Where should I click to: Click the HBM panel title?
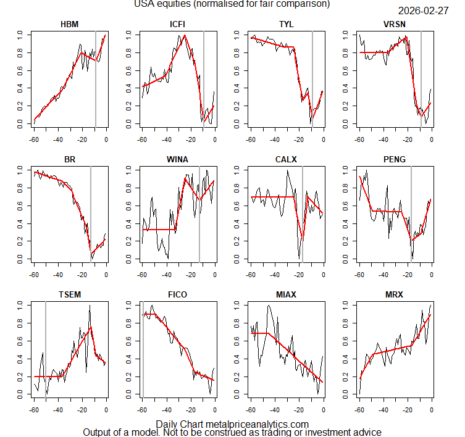pyautogui.click(x=69, y=23)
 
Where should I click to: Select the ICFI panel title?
pyautogui.click(x=178, y=23)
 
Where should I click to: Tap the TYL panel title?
pyautogui.click(x=287, y=23)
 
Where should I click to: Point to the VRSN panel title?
pyautogui.click(x=395, y=23)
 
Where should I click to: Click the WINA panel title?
pyautogui.click(x=178, y=159)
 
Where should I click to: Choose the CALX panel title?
pyautogui.click(x=287, y=159)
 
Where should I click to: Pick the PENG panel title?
pyautogui.click(x=395, y=159)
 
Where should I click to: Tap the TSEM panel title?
pyautogui.click(x=69, y=294)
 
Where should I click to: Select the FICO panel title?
pyautogui.click(x=178, y=294)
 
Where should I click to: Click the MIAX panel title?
pyautogui.click(x=287, y=294)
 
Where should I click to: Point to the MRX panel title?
pyautogui.click(x=395, y=294)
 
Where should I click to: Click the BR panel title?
pyautogui.click(x=69, y=159)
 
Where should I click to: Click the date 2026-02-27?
pyautogui.click(x=423, y=11)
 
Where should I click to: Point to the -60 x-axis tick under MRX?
pyautogui.click(x=359, y=409)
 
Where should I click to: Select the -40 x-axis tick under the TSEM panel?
pyautogui.click(x=57, y=409)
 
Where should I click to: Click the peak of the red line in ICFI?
pyautogui.click(x=185, y=35)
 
